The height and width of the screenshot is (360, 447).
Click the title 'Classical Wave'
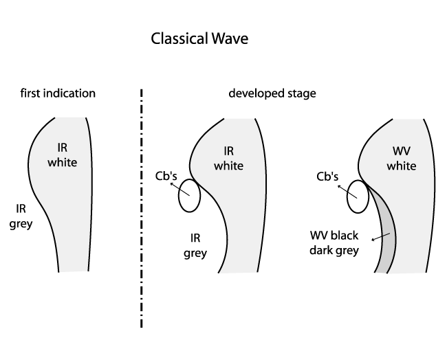click(199, 39)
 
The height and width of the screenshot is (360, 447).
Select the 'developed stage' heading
click(272, 93)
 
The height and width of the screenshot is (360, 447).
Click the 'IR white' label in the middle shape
click(228, 159)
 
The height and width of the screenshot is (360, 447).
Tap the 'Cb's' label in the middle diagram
click(167, 175)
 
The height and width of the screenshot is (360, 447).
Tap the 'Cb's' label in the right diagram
click(327, 175)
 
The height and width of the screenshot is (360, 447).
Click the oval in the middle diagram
click(189, 197)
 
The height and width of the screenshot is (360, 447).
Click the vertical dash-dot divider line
click(142, 206)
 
